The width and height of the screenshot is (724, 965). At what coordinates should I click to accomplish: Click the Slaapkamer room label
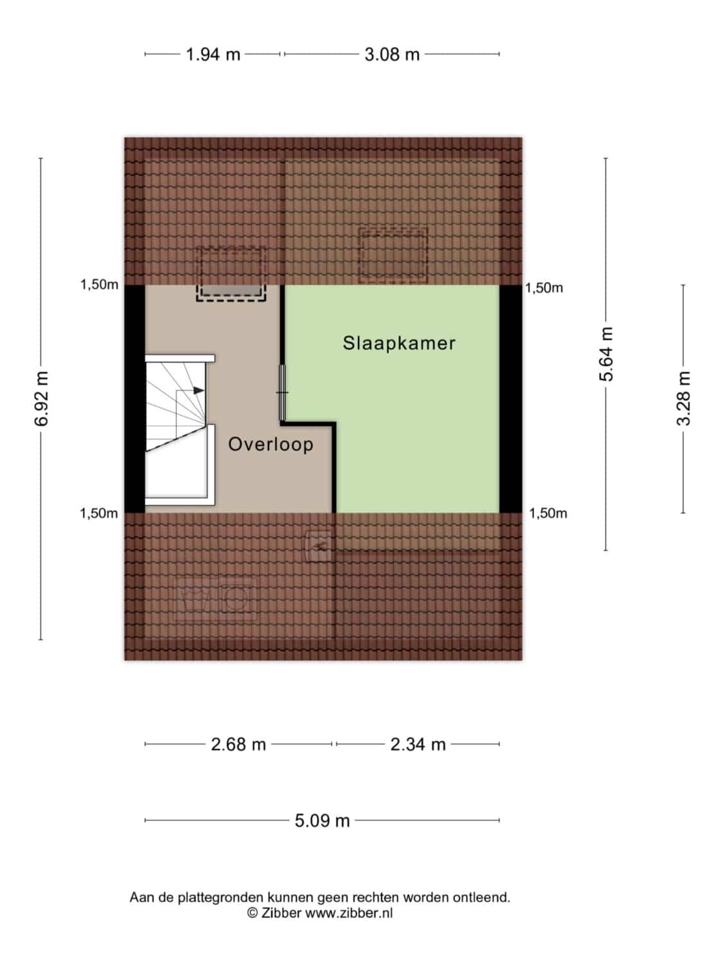tap(399, 344)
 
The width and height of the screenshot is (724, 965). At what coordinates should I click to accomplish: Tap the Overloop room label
tap(271, 445)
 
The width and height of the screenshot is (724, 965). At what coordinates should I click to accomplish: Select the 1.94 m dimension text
tap(213, 55)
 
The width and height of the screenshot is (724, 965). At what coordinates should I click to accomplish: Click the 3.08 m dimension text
tap(392, 55)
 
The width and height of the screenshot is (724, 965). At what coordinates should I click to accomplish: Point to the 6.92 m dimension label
tap(41, 398)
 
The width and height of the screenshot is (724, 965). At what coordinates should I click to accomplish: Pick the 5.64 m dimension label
tap(606, 354)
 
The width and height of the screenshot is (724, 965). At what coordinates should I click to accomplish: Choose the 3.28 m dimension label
tap(683, 398)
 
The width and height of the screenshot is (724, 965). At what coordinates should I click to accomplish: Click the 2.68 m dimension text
tap(238, 744)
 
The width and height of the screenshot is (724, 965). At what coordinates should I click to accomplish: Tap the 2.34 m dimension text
tap(418, 744)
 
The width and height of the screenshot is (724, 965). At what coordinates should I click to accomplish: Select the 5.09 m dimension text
tap(322, 820)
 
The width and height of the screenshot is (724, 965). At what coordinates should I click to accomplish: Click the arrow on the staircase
tap(199, 391)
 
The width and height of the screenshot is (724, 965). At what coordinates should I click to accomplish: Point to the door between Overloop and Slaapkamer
tap(283, 392)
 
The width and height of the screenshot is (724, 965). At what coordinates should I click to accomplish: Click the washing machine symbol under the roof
tap(238, 599)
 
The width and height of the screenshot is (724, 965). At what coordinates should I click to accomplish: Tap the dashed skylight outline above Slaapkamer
tap(393, 255)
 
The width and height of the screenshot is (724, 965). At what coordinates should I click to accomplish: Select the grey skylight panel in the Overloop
tap(231, 290)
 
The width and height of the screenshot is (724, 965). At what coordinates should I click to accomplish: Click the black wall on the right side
tap(511, 399)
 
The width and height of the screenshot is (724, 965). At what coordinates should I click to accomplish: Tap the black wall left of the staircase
tap(135, 399)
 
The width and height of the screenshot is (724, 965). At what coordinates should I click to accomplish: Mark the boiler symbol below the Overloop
tap(319, 546)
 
